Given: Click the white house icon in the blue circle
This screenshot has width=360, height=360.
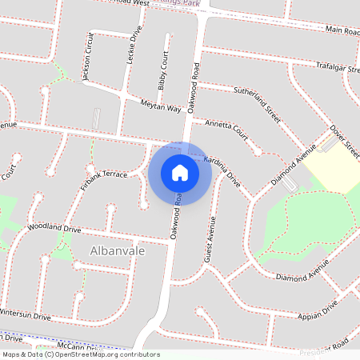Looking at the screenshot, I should click(x=179, y=173).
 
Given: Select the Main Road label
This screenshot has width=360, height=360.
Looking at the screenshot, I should click(x=342, y=30).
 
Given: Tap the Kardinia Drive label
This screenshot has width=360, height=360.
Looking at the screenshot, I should click(x=222, y=168).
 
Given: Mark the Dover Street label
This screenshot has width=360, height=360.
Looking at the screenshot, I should click(x=342, y=139).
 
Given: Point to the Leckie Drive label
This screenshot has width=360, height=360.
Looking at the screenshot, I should click(x=134, y=47).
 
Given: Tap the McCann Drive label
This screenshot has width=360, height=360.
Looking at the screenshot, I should click(x=76, y=346).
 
